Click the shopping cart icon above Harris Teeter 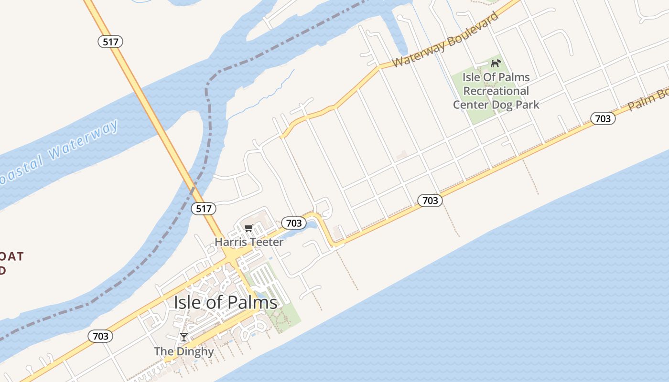tap(248, 228)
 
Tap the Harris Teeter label tap(249, 242)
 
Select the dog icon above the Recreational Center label tap(496, 63)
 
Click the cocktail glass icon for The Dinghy tap(184, 337)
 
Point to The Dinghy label tap(184, 352)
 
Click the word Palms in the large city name tap(251, 302)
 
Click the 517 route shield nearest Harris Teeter tap(204, 209)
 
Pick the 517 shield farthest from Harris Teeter tap(110, 42)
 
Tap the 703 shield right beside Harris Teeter tap(293, 223)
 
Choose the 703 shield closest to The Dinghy tap(101, 336)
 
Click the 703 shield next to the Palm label tap(603, 118)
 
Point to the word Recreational tap(496, 91)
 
